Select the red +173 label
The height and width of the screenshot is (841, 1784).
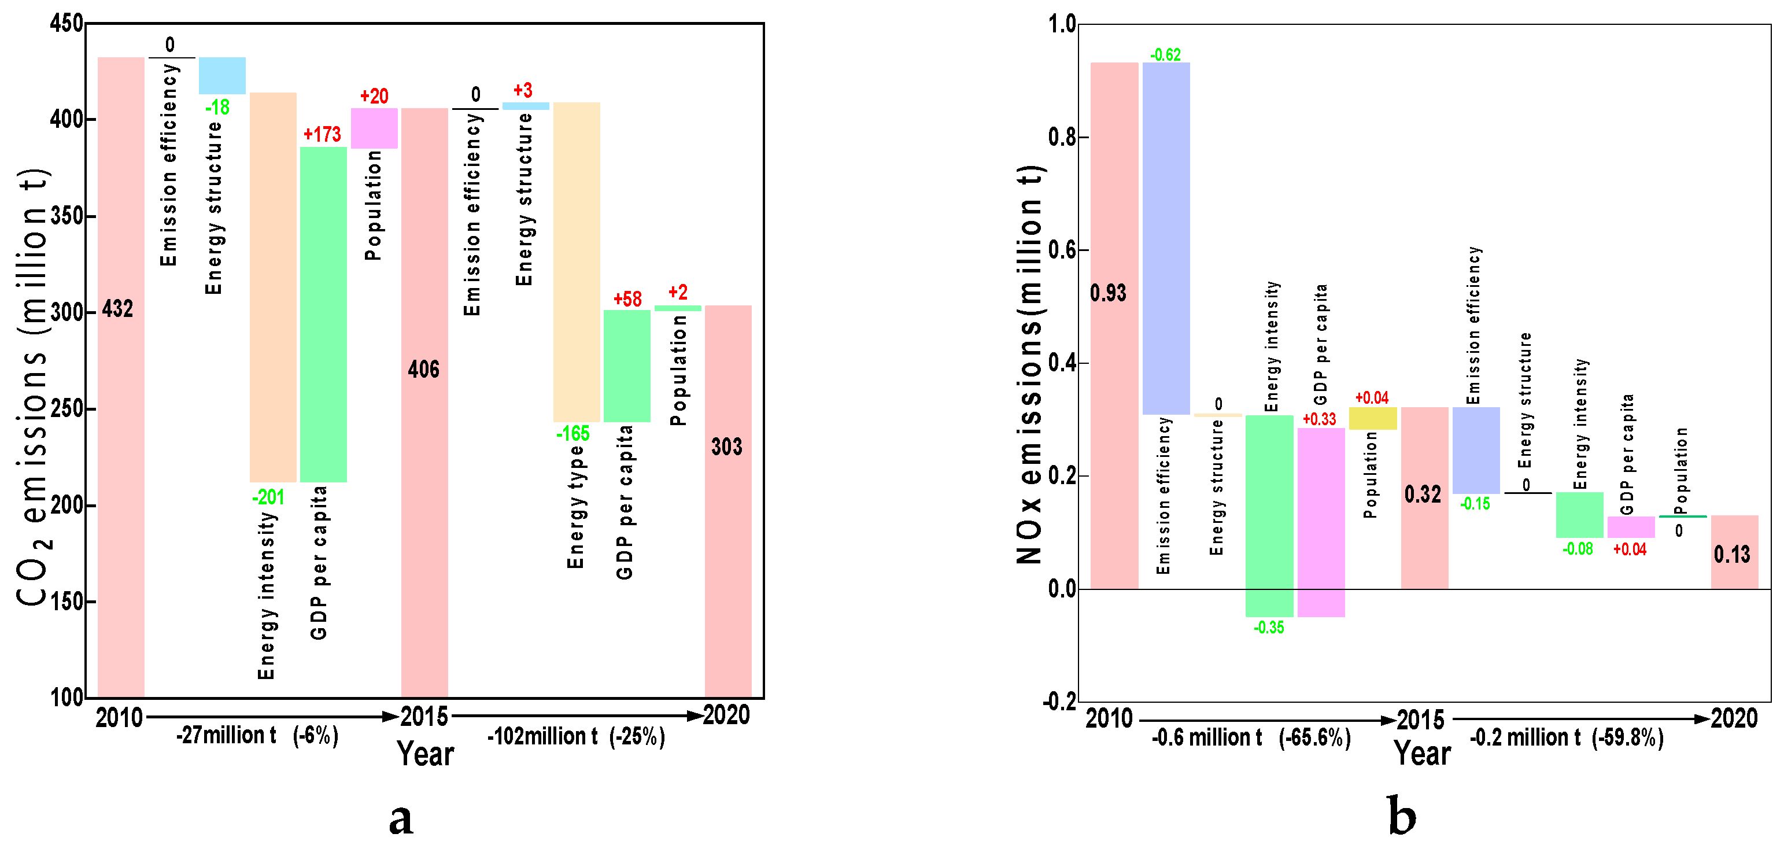pyautogui.click(x=322, y=134)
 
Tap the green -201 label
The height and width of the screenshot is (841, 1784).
pyautogui.click(x=268, y=497)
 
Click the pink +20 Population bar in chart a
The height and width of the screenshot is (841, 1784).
pyautogui.click(x=374, y=128)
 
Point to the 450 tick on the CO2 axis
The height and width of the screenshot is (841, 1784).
pyautogui.click(x=67, y=24)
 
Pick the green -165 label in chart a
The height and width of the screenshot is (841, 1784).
pyautogui.click(x=572, y=434)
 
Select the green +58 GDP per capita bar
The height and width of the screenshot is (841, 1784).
pyautogui.click(x=627, y=366)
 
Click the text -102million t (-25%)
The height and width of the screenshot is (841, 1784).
pyautogui.click(x=576, y=736)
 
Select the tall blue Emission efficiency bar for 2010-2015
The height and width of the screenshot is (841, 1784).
pyautogui.click(x=1166, y=238)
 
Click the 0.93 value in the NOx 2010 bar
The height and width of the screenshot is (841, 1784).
pyautogui.click(x=1108, y=293)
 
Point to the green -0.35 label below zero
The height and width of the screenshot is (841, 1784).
pyautogui.click(x=1269, y=627)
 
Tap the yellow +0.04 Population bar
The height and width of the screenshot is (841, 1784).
pyautogui.click(x=1373, y=418)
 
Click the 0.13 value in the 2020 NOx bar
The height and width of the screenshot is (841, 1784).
pyautogui.click(x=1731, y=554)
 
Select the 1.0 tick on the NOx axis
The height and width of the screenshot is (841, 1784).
pyautogui.click(x=1062, y=24)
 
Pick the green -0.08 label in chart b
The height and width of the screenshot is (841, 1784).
pyautogui.click(x=1578, y=549)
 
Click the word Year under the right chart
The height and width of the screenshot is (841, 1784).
pyautogui.click(x=1423, y=753)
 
